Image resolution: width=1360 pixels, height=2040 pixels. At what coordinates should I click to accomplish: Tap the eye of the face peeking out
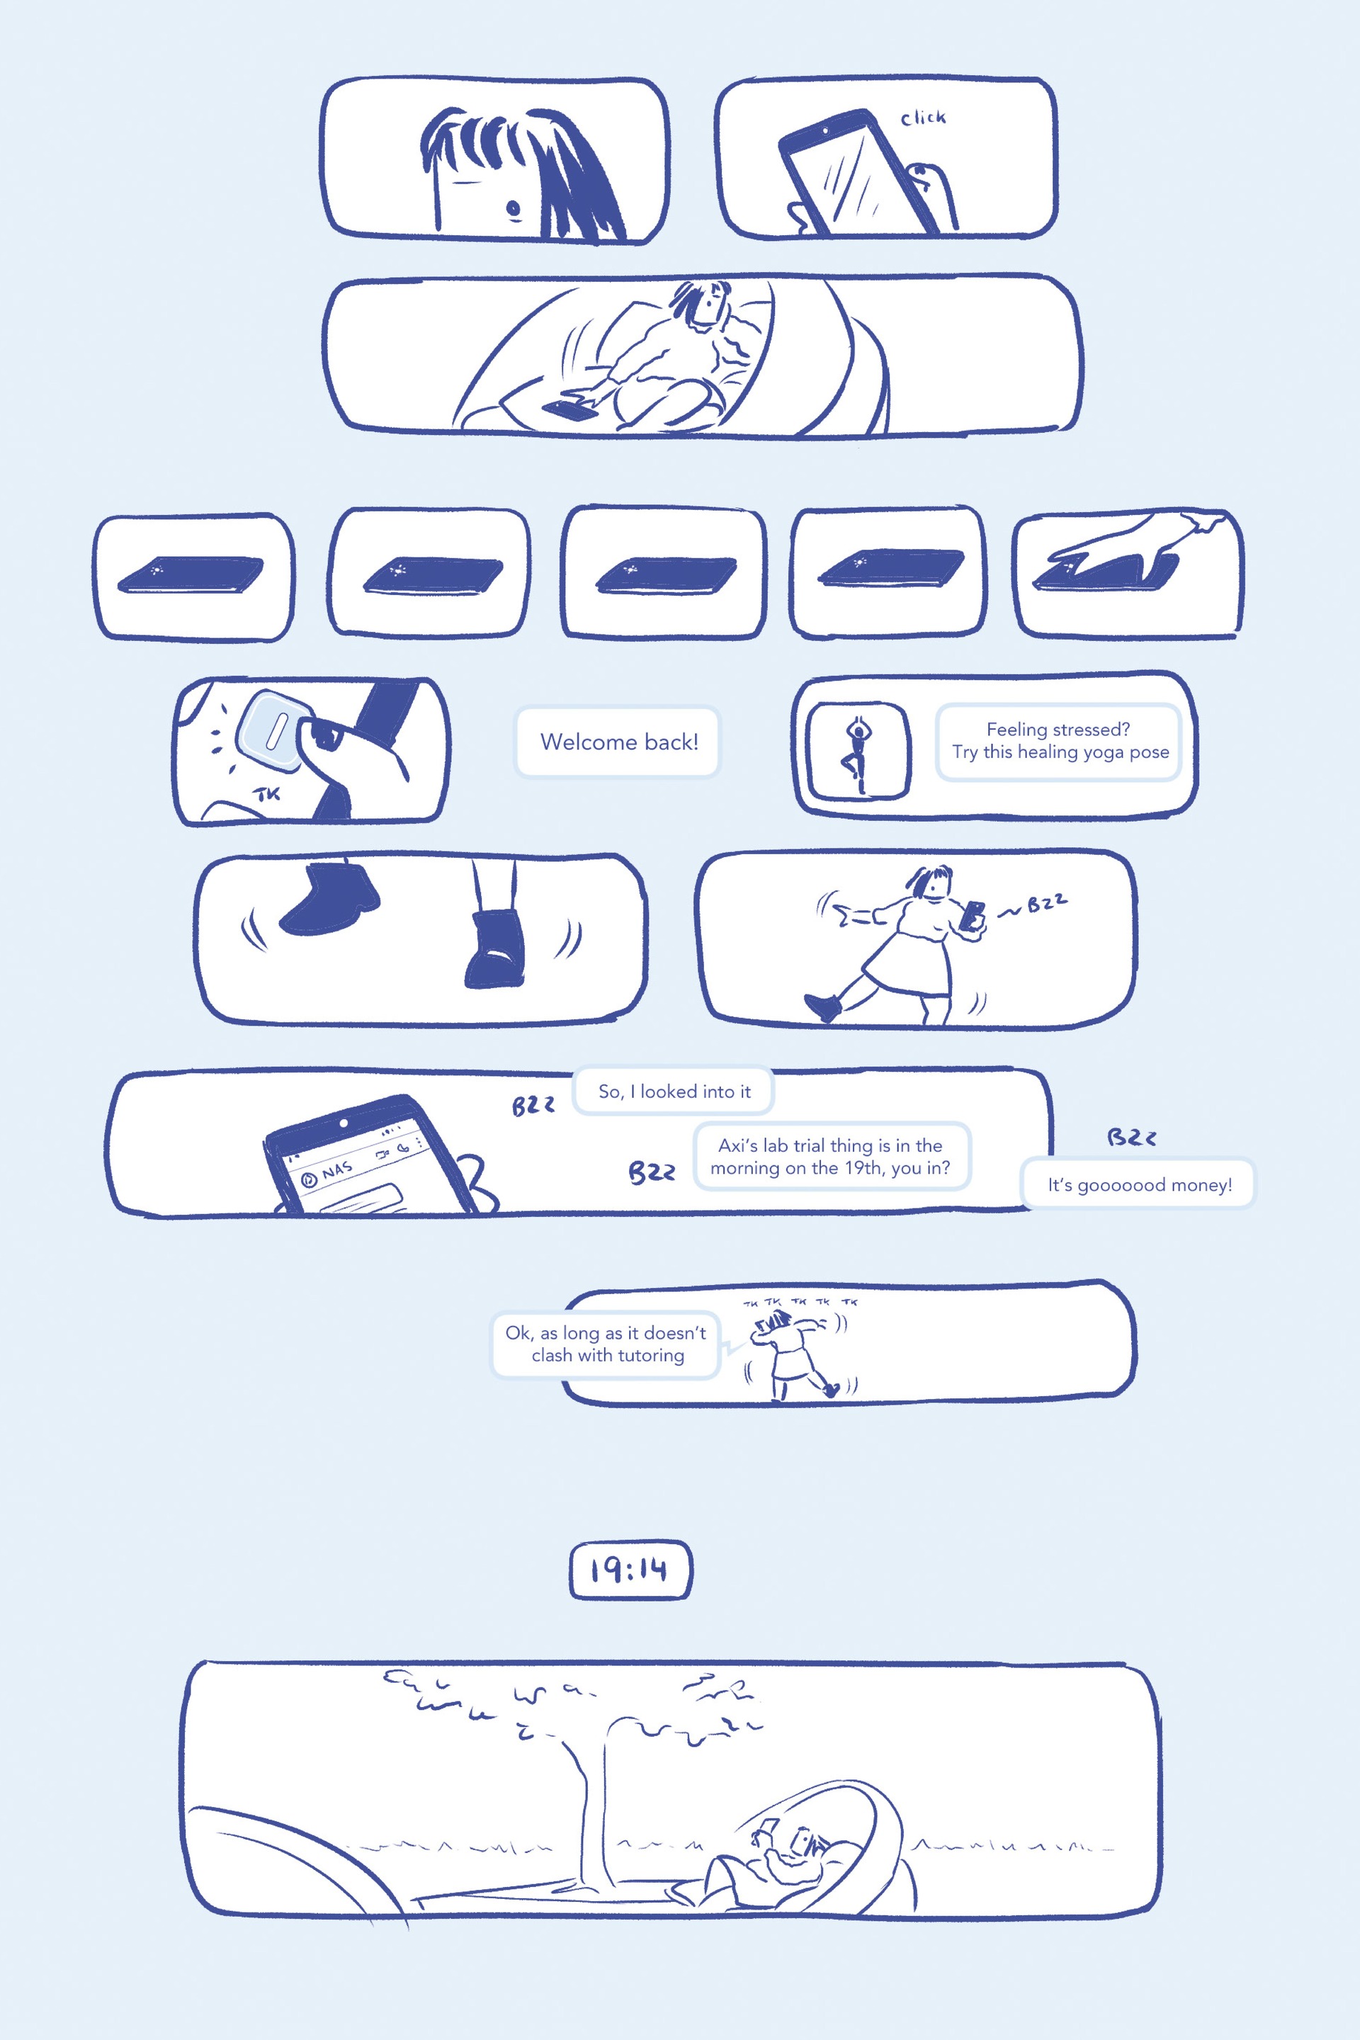[514, 208]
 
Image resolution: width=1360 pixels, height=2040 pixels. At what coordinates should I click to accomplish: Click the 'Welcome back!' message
[618, 742]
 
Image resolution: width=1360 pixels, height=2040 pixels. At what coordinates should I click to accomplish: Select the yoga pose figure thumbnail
[857, 749]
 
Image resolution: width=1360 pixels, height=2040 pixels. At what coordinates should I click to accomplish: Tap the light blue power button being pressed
[271, 730]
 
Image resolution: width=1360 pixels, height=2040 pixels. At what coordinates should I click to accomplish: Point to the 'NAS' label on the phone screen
[336, 1170]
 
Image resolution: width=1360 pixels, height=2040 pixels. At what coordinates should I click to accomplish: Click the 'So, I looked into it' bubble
[674, 1091]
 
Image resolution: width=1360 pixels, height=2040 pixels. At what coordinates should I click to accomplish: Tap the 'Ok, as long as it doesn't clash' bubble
[606, 1344]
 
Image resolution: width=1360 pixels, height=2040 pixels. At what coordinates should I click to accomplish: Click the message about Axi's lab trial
[831, 1156]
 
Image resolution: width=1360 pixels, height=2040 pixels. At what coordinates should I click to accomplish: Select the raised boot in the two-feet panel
[331, 897]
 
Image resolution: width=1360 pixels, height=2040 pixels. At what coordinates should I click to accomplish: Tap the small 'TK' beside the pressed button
[268, 793]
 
